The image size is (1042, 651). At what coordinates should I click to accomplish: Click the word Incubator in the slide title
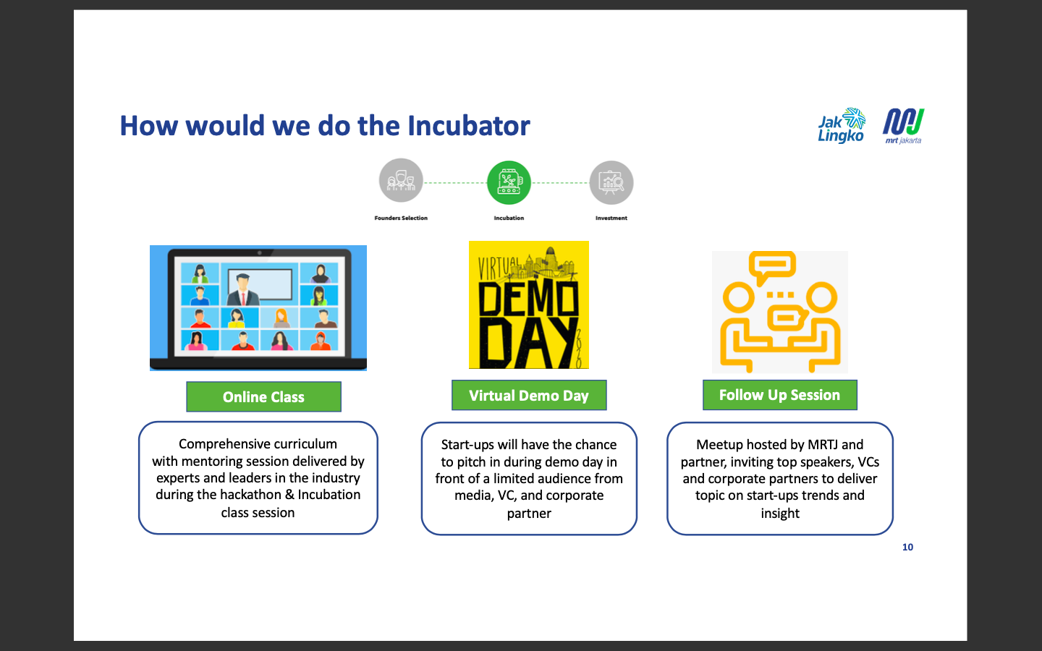click(x=468, y=126)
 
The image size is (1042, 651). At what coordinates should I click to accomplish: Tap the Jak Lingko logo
click(x=841, y=126)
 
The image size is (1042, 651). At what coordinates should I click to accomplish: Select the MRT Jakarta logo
click(x=903, y=126)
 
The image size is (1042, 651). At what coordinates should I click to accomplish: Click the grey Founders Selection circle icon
click(x=401, y=181)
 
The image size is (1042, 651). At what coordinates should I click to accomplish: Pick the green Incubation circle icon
click(x=509, y=182)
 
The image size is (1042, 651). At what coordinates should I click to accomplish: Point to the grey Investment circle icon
click(x=611, y=182)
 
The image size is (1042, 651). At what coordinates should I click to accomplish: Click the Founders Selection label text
click(x=401, y=218)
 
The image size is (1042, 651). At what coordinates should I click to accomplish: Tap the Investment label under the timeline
click(x=611, y=218)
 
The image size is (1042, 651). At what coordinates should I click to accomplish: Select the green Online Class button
click(x=263, y=397)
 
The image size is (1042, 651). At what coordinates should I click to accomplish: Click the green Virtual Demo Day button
click(x=529, y=396)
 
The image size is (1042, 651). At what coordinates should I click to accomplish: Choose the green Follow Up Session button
click(x=779, y=395)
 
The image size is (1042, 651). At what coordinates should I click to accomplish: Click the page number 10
click(x=907, y=547)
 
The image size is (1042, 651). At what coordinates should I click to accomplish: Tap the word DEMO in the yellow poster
click(x=528, y=298)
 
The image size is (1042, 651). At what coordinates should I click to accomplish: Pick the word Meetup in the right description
click(x=719, y=445)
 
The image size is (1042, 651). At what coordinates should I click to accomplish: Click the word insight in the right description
click(x=780, y=514)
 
